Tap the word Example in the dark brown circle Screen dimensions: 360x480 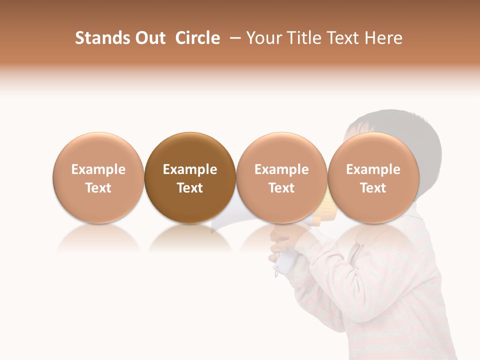pos(190,169)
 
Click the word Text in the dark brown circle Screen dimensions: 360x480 pos(190,188)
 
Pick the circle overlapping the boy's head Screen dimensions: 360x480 pos(373,150)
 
